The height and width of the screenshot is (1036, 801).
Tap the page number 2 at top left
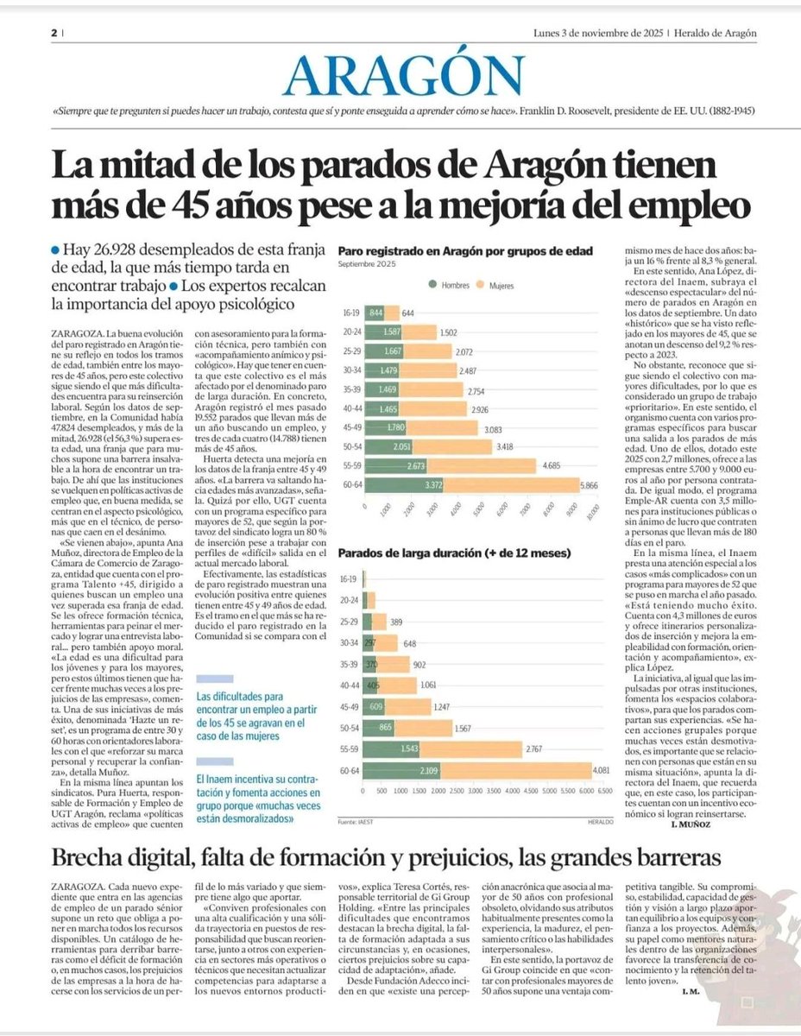[53, 33]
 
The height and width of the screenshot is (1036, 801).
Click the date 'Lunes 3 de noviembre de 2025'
[599, 34]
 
